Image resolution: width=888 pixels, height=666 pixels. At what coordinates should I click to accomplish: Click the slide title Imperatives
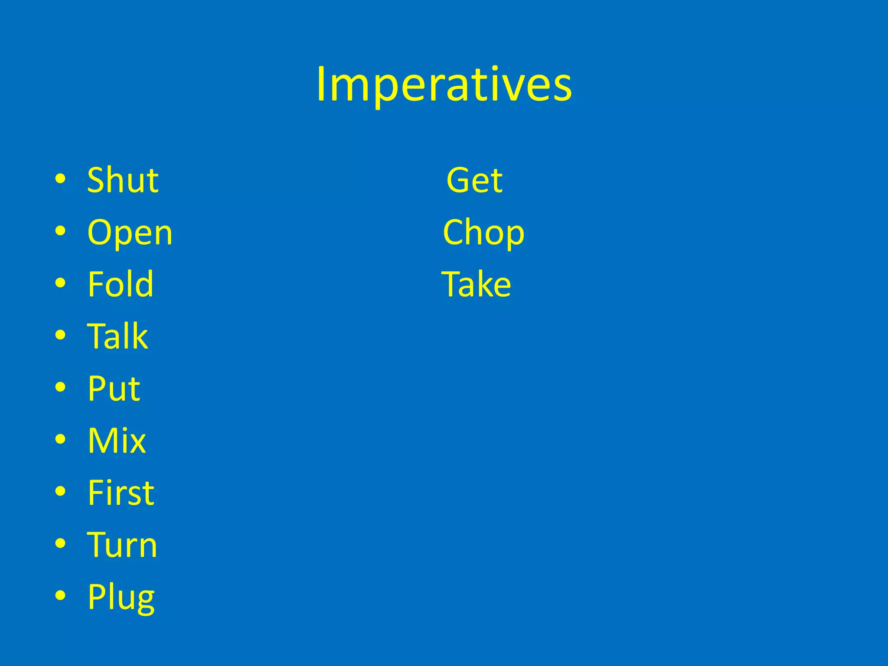coord(444,85)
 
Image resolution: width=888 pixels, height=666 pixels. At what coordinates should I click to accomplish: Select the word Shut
coord(123,180)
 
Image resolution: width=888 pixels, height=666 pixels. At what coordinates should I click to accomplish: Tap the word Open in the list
coord(130,233)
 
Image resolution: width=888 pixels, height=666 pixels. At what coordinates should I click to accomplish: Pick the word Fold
coord(121,284)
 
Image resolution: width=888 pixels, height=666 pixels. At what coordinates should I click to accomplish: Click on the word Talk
coord(118,336)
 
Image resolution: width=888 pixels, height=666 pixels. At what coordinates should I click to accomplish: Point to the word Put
coord(114,388)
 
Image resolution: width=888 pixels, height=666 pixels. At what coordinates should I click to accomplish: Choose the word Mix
coord(117,441)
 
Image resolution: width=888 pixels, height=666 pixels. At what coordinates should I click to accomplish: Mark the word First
coord(121,493)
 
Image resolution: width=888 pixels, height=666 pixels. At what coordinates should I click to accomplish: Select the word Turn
coord(122,545)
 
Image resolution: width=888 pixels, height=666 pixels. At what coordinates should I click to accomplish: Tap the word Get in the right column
coord(474,180)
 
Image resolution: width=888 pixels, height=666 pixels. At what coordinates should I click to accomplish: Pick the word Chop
coord(483,233)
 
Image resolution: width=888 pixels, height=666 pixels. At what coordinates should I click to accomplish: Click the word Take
coord(476,284)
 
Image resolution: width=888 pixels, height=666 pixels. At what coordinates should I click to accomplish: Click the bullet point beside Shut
coord(61,179)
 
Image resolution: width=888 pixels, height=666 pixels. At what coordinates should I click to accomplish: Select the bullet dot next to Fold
coord(61,283)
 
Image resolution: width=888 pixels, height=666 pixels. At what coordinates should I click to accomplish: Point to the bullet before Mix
coord(61,439)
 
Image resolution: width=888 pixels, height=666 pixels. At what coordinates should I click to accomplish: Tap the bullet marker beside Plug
coord(61,595)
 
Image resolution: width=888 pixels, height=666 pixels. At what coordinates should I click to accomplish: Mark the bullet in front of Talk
coord(61,335)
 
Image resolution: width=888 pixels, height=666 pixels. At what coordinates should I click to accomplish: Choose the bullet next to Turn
coord(61,543)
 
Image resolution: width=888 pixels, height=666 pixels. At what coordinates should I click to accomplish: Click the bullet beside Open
coord(61,231)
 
